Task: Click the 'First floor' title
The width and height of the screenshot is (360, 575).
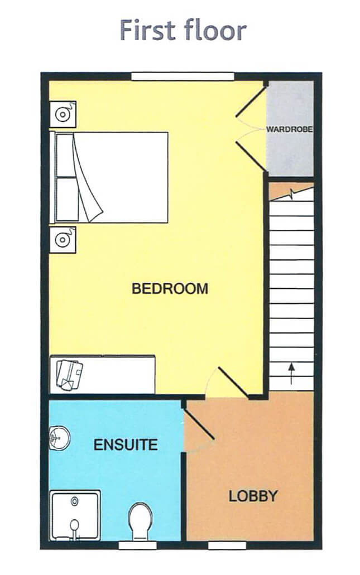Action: click(183, 30)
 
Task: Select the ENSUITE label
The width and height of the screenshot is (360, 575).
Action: click(125, 445)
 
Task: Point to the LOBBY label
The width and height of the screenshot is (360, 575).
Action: click(253, 496)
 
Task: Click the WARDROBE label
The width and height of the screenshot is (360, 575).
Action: click(289, 129)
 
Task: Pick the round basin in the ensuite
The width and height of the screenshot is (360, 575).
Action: click(58, 438)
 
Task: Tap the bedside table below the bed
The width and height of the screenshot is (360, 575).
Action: click(63, 240)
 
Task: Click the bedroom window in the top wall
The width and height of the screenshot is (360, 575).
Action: click(182, 76)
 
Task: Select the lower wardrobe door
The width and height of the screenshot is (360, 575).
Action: click(250, 155)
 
